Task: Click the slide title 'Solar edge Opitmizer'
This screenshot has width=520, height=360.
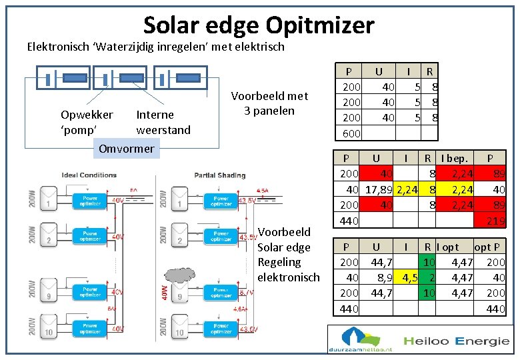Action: coord(259,25)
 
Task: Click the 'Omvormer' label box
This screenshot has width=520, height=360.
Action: coord(126,149)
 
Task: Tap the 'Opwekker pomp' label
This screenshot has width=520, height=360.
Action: coord(87,122)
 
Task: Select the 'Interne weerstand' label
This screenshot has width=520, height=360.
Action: coord(163,122)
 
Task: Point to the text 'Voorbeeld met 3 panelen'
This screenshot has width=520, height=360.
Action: coord(269,103)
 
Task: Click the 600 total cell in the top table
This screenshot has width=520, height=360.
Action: coord(351,133)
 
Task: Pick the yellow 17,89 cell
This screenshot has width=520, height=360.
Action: coord(379,190)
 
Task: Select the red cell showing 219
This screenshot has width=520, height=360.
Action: coord(495,221)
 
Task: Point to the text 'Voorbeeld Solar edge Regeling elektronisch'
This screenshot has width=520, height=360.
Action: coord(288,254)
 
